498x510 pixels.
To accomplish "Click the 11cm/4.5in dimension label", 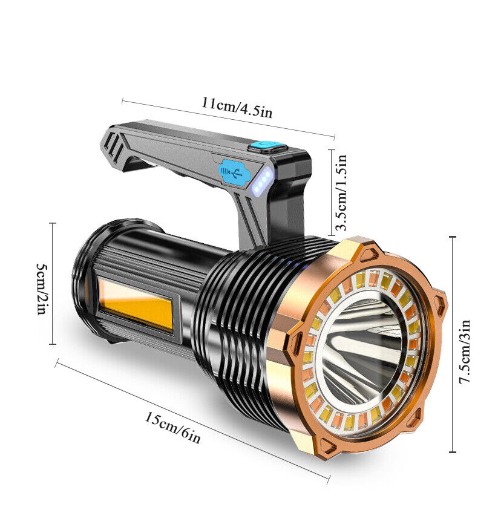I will point(237,108).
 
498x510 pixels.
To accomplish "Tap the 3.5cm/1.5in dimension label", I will point(342,192).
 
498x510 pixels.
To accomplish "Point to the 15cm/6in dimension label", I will point(172,427).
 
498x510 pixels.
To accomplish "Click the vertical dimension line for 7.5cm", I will point(453,345).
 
